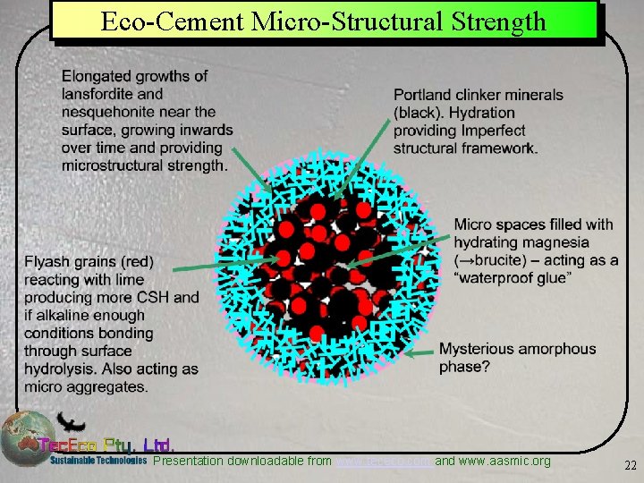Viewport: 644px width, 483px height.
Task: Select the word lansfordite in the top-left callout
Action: pyautogui.click(x=98, y=94)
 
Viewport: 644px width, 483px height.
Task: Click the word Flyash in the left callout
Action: pyautogui.click(x=47, y=262)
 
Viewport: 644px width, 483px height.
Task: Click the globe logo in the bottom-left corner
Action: pyautogui.click(x=24, y=438)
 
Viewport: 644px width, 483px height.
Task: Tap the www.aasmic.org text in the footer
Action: pyautogui.click(x=505, y=462)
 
